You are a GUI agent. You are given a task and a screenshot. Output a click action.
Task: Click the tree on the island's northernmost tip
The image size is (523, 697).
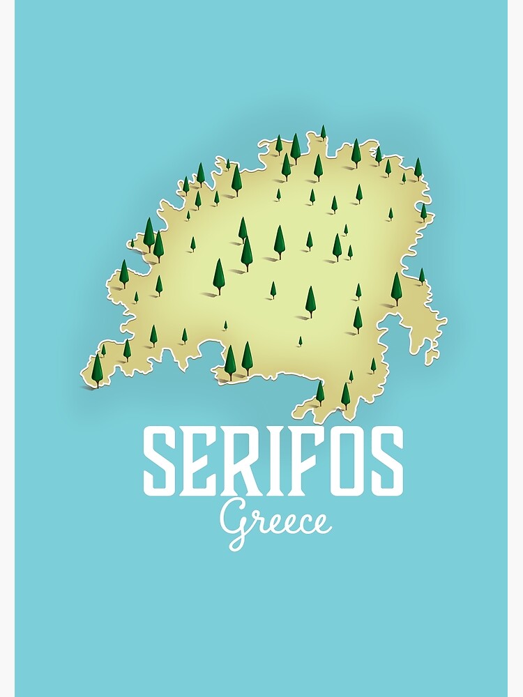(x=323, y=132)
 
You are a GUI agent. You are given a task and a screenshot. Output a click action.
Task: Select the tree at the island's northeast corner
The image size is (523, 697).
(x=418, y=168)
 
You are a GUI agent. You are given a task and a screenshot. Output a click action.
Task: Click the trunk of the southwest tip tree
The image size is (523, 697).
(x=97, y=384)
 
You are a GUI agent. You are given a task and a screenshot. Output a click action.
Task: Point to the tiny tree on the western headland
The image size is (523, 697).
(x=132, y=243)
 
